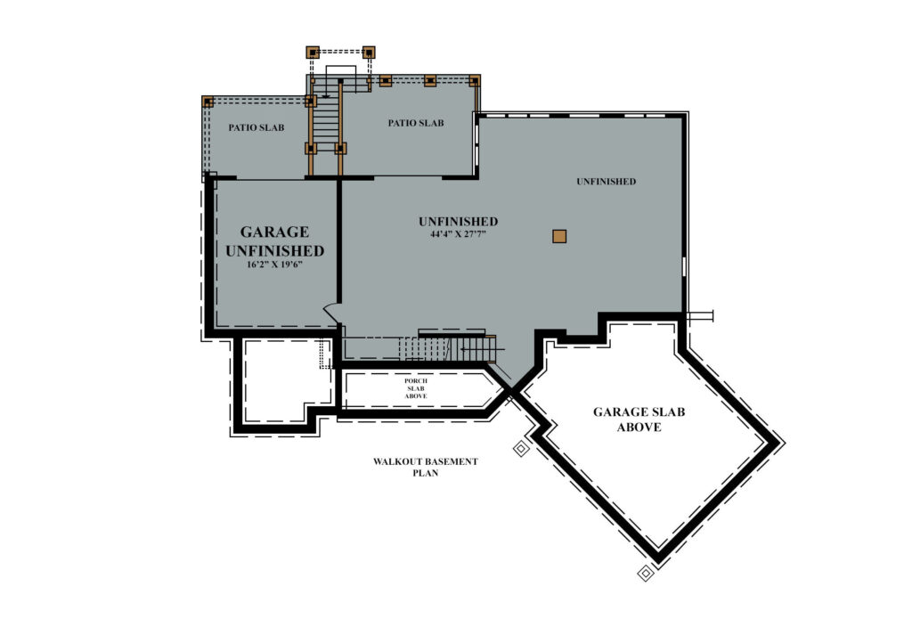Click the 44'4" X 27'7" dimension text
pyautogui.click(x=458, y=234)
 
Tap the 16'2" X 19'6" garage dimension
pyautogui.click(x=274, y=264)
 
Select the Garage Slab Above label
pyautogui.click(x=639, y=419)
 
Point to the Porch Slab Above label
pyautogui.click(x=416, y=388)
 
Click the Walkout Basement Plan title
pyautogui.click(x=425, y=467)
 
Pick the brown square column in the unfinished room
pyautogui.click(x=559, y=236)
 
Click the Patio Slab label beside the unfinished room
pyautogui.click(x=416, y=123)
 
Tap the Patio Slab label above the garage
pyautogui.click(x=256, y=127)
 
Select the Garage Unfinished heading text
pyautogui.click(x=274, y=241)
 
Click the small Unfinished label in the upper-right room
pyautogui.click(x=606, y=182)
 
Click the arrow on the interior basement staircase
pyautogui.click(x=483, y=349)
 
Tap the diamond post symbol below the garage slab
pyautogui.click(x=646, y=574)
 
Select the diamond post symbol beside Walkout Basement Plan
pyautogui.click(x=521, y=449)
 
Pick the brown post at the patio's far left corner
pyautogui.click(x=208, y=102)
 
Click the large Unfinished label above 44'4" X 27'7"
pyautogui.click(x=459, y=222)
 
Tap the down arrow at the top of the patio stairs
pyautogui.click(x=326, y=92)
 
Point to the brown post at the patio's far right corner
pyautogui.click(x=475, y=81)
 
